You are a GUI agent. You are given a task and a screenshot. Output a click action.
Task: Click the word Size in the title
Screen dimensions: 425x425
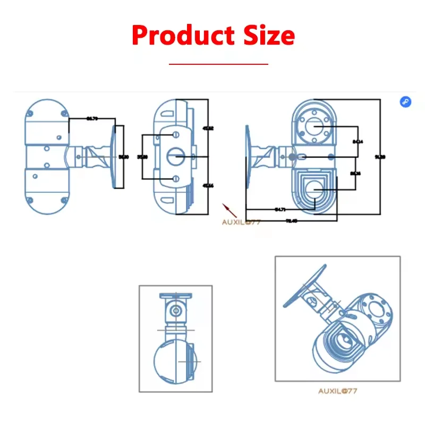tap(262, 36)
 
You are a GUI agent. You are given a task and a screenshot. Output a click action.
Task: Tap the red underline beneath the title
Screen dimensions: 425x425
tap(218, 64)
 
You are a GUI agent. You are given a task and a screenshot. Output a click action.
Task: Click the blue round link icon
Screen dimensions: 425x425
tap(405, 102)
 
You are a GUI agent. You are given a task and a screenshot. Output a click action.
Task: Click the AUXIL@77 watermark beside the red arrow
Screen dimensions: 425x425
tap(241, 222)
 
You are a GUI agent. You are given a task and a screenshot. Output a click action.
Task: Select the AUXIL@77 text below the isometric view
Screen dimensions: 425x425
tap(338, 391)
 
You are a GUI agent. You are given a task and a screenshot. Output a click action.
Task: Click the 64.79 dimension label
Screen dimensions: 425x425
tap(91, 118)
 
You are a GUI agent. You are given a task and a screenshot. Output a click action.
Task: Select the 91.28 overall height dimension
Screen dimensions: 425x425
tap(380, 156)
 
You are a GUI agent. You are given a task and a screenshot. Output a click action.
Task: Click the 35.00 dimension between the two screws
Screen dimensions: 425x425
tap(142, 157)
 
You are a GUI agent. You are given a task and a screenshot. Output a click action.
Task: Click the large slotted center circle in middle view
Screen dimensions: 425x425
tap(175, 156)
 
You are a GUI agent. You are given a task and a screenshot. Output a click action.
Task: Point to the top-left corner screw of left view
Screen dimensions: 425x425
tap(30, 113)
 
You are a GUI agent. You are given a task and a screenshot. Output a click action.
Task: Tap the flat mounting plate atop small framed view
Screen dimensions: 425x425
tap(175, 296)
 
